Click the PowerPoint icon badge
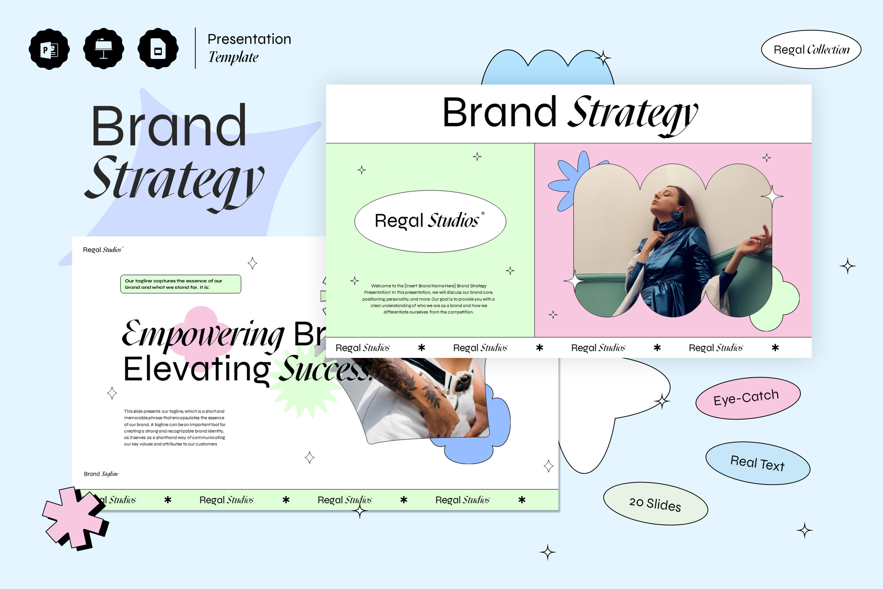point(49,49)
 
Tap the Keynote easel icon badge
point(104,49)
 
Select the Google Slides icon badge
point(158,49)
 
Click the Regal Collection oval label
point(811,49)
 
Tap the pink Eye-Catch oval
point(748,398)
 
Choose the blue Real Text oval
point(758,463)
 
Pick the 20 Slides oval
point(655,503)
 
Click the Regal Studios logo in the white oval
point(429,220)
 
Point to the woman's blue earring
point(677,216)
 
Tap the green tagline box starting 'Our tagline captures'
point(180,284)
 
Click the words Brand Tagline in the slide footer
point(101,474)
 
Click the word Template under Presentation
point(233,57)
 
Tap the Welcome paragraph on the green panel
point(429,299)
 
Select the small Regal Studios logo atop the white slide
point(103,250)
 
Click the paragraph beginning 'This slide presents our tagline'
point(175,427)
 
